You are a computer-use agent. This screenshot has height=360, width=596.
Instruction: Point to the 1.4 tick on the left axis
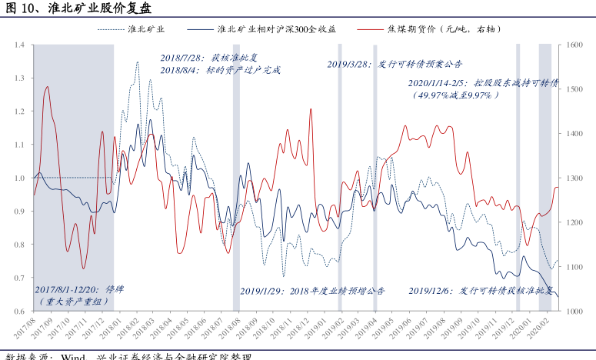point(19,45)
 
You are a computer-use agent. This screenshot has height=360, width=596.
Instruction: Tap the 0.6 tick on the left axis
point(19,311)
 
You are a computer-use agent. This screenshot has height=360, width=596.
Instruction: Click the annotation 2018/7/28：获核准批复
point(212,58)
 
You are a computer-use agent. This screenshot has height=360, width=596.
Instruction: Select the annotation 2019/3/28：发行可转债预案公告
point(395,65)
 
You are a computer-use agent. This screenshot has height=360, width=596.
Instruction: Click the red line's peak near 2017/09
point(48,87)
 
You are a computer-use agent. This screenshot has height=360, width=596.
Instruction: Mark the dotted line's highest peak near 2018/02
point(138,62)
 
